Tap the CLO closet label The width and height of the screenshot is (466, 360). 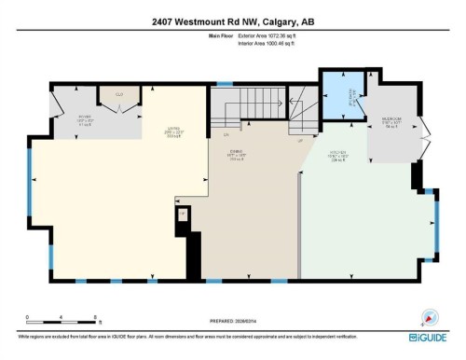(x=118, y=94)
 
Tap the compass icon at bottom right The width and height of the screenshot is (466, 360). (x=430, y=315)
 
